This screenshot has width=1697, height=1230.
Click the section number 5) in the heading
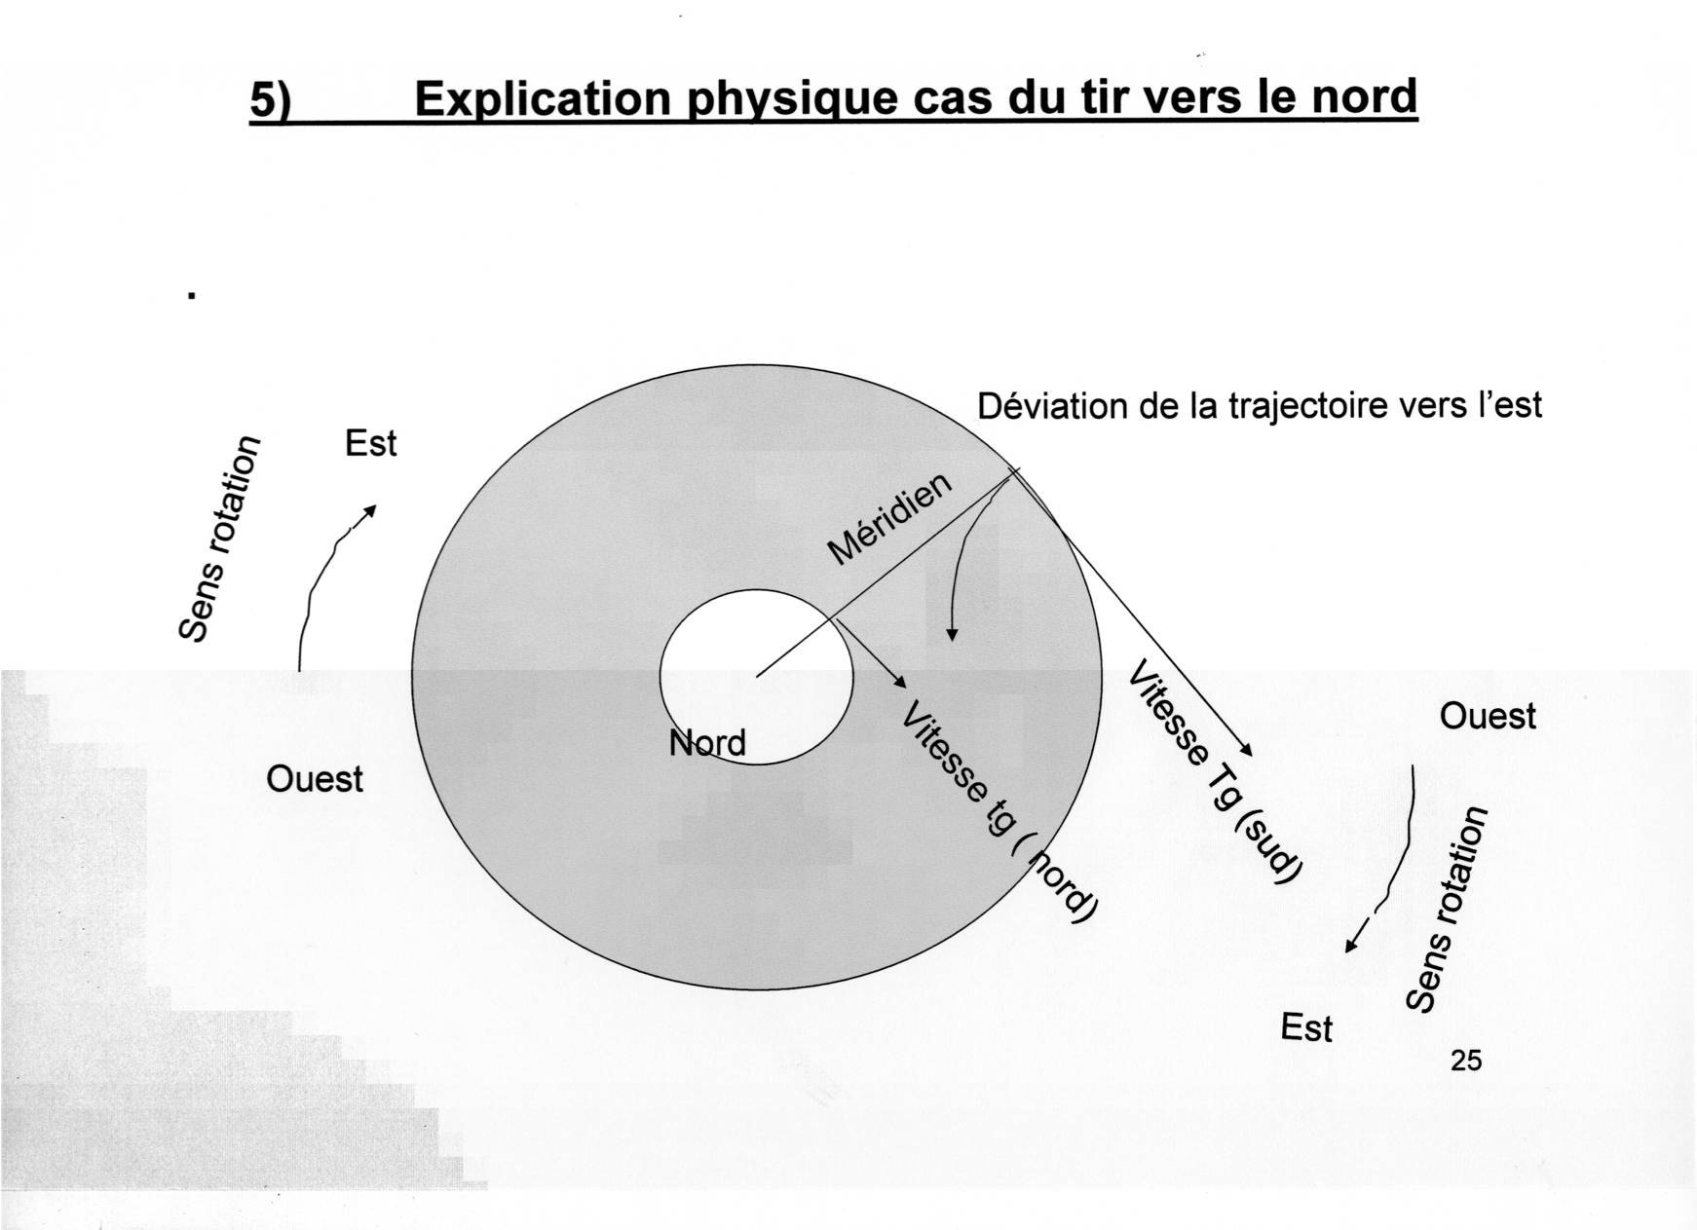tap(272, 101)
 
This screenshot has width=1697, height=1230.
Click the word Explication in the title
tap(543, 99)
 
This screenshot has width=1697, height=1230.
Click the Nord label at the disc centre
tap(707, 743)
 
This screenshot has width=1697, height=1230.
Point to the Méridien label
tap(889, 520)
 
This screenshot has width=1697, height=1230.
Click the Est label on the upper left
tap(370, 444)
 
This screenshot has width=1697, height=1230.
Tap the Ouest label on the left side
tap(314, 779)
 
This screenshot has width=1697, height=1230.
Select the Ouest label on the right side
tap(1487, 717)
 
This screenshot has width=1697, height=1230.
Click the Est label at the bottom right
tap(1305, 1028)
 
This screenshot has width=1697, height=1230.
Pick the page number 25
tap(1465, 1061)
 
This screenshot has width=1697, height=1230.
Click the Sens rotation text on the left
tap(220, 539)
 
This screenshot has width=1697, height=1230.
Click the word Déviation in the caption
tap(1050, 406)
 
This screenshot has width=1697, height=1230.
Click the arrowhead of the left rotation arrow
tap(370, 509)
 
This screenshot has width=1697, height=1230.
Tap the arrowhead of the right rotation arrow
tap(1350, 947)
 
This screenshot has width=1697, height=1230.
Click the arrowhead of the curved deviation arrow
tap(952, 636)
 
